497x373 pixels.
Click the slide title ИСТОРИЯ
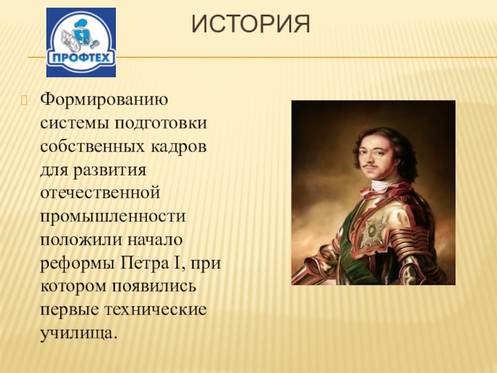pyautogui.click(x=251, y=24)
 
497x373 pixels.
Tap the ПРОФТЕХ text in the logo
pyautogui.click(x=81, y=58)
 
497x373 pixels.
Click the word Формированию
pyautogui.click(x=104, y=100)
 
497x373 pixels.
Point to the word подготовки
pyautogui.click(x=161, y=124)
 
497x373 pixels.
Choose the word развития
pyautogui.click(x=110, y=171)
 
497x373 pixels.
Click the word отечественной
pyautogui.click(x=100, y=193)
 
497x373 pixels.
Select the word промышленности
pyautogui.click(x=113, y=216)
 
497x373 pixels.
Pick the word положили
pyautogui.click(x=81, y=240)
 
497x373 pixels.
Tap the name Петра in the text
pyautogui.click(x=145, y=263)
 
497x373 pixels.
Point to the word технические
pyautogui.click(x=156, y=310)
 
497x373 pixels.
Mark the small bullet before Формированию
pyautogui.click(x=24, y=100)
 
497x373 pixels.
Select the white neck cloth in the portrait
pyautogui.click(x=383, y=185)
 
